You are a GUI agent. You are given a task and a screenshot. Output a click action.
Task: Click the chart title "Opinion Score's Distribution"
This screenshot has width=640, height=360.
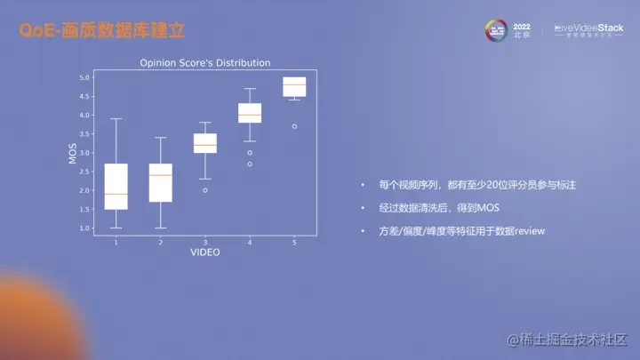(x=205, y=63)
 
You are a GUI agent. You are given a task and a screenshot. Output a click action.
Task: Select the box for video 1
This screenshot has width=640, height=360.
(x=116, y=186)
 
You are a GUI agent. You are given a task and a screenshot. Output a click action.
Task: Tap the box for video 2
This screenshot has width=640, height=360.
(x=161, y=183)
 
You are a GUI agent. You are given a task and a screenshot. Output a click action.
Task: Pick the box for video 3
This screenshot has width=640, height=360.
(x=205, y=143)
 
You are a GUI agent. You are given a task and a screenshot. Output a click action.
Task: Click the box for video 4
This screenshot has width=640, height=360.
(x=250, y=113)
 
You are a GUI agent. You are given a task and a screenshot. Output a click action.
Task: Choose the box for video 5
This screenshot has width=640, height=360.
(x=294, y=86)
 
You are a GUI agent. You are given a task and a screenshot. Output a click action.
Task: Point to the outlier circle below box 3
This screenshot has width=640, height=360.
(x=205, y=190)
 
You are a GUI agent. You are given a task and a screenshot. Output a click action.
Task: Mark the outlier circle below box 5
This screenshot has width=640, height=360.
(x=294, y=126)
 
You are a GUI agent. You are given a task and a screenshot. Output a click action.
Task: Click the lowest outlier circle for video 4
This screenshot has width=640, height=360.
(x=250, y=164)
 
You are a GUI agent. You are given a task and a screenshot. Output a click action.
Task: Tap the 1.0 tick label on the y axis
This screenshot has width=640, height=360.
(x=85, y=228)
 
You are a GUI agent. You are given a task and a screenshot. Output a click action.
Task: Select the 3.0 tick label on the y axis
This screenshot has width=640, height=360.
(x=85, y=153)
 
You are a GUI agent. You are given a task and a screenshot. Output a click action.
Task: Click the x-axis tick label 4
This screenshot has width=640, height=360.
(x=250, y=242)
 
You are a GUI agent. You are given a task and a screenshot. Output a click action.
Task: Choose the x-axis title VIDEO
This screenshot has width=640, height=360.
(x=205, y=252)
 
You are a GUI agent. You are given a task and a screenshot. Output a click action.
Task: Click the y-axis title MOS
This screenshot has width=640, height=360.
(x=73, y=153)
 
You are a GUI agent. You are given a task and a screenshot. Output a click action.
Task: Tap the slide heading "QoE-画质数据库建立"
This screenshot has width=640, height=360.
(x=102, y=31)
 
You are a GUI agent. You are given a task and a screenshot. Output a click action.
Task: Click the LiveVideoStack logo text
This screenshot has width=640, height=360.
(x=588, y=28)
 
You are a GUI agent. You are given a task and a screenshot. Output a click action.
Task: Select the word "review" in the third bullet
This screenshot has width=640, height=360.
(x=529, y=231)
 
